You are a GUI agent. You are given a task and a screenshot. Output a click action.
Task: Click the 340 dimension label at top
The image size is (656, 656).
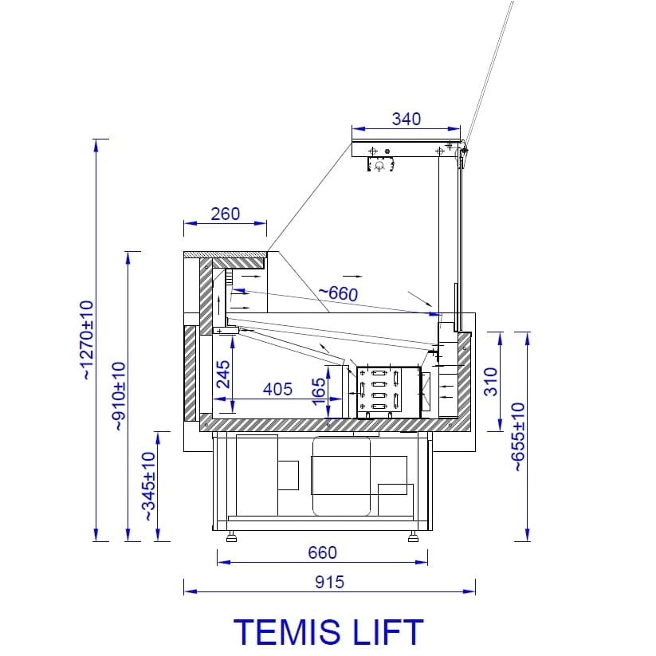coord(406,120)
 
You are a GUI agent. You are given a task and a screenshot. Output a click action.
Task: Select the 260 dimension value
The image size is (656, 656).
coord(225,214)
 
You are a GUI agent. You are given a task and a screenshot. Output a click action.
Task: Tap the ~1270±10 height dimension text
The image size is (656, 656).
coord(87,340)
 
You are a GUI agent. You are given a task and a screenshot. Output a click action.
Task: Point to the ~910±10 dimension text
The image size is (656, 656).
coord(119,396)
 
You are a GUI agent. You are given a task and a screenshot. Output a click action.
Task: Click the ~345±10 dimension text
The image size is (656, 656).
coord(149,486)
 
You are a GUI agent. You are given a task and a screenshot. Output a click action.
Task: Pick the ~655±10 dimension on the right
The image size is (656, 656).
coord(518,437)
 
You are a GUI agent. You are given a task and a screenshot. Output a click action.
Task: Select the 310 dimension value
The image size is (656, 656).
coord(491,382)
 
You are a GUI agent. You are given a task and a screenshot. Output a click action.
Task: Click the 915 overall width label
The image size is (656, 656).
coord(330,582)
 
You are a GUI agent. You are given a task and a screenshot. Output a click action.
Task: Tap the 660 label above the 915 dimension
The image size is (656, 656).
coord(322,552)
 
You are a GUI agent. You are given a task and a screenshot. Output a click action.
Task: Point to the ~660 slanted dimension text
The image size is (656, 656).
coord(338,293)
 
